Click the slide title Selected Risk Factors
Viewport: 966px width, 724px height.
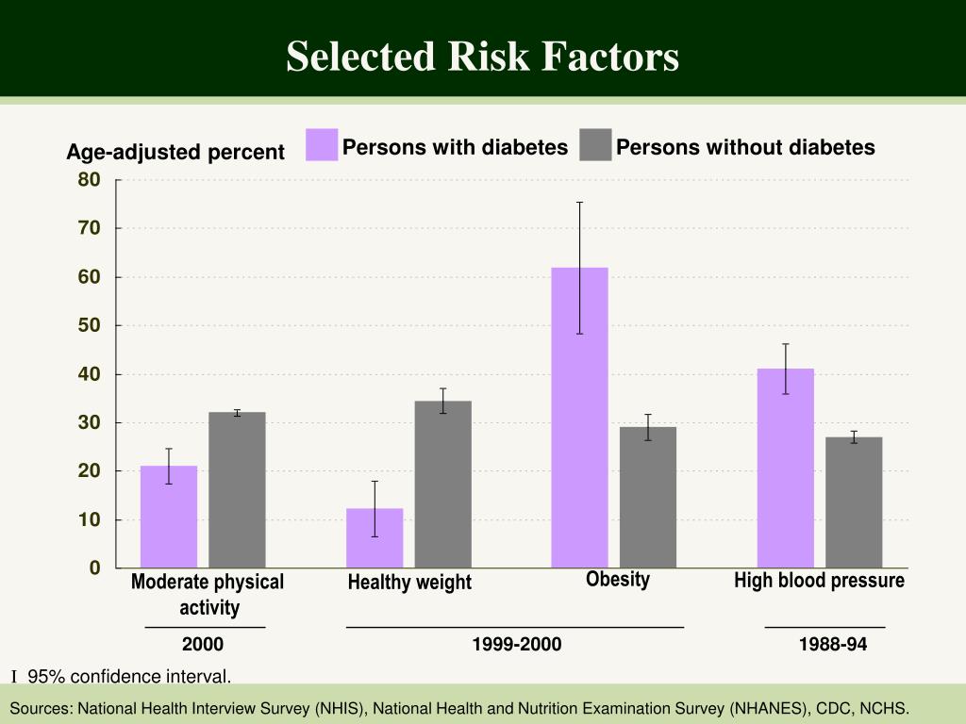coord(482,57)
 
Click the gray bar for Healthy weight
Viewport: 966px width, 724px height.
coord(442,485)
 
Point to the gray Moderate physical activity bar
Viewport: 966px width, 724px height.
coord(237,490)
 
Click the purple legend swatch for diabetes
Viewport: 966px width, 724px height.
coord(322,145)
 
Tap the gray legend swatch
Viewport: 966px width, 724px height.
coord(595,145)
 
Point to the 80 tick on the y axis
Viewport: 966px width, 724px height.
coord(90,179)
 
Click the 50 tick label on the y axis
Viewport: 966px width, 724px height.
coord(90,325)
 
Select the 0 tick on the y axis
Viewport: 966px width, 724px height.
coord(94,568)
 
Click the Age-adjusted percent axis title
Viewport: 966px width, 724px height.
coord(175,152)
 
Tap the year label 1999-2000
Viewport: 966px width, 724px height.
coord(516,645)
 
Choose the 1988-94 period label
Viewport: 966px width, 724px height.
coord(832,645)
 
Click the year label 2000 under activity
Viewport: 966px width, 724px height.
coord(203,645)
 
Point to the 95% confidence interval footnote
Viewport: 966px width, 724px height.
coord(128,676)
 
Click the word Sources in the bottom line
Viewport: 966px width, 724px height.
coord(40,708)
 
